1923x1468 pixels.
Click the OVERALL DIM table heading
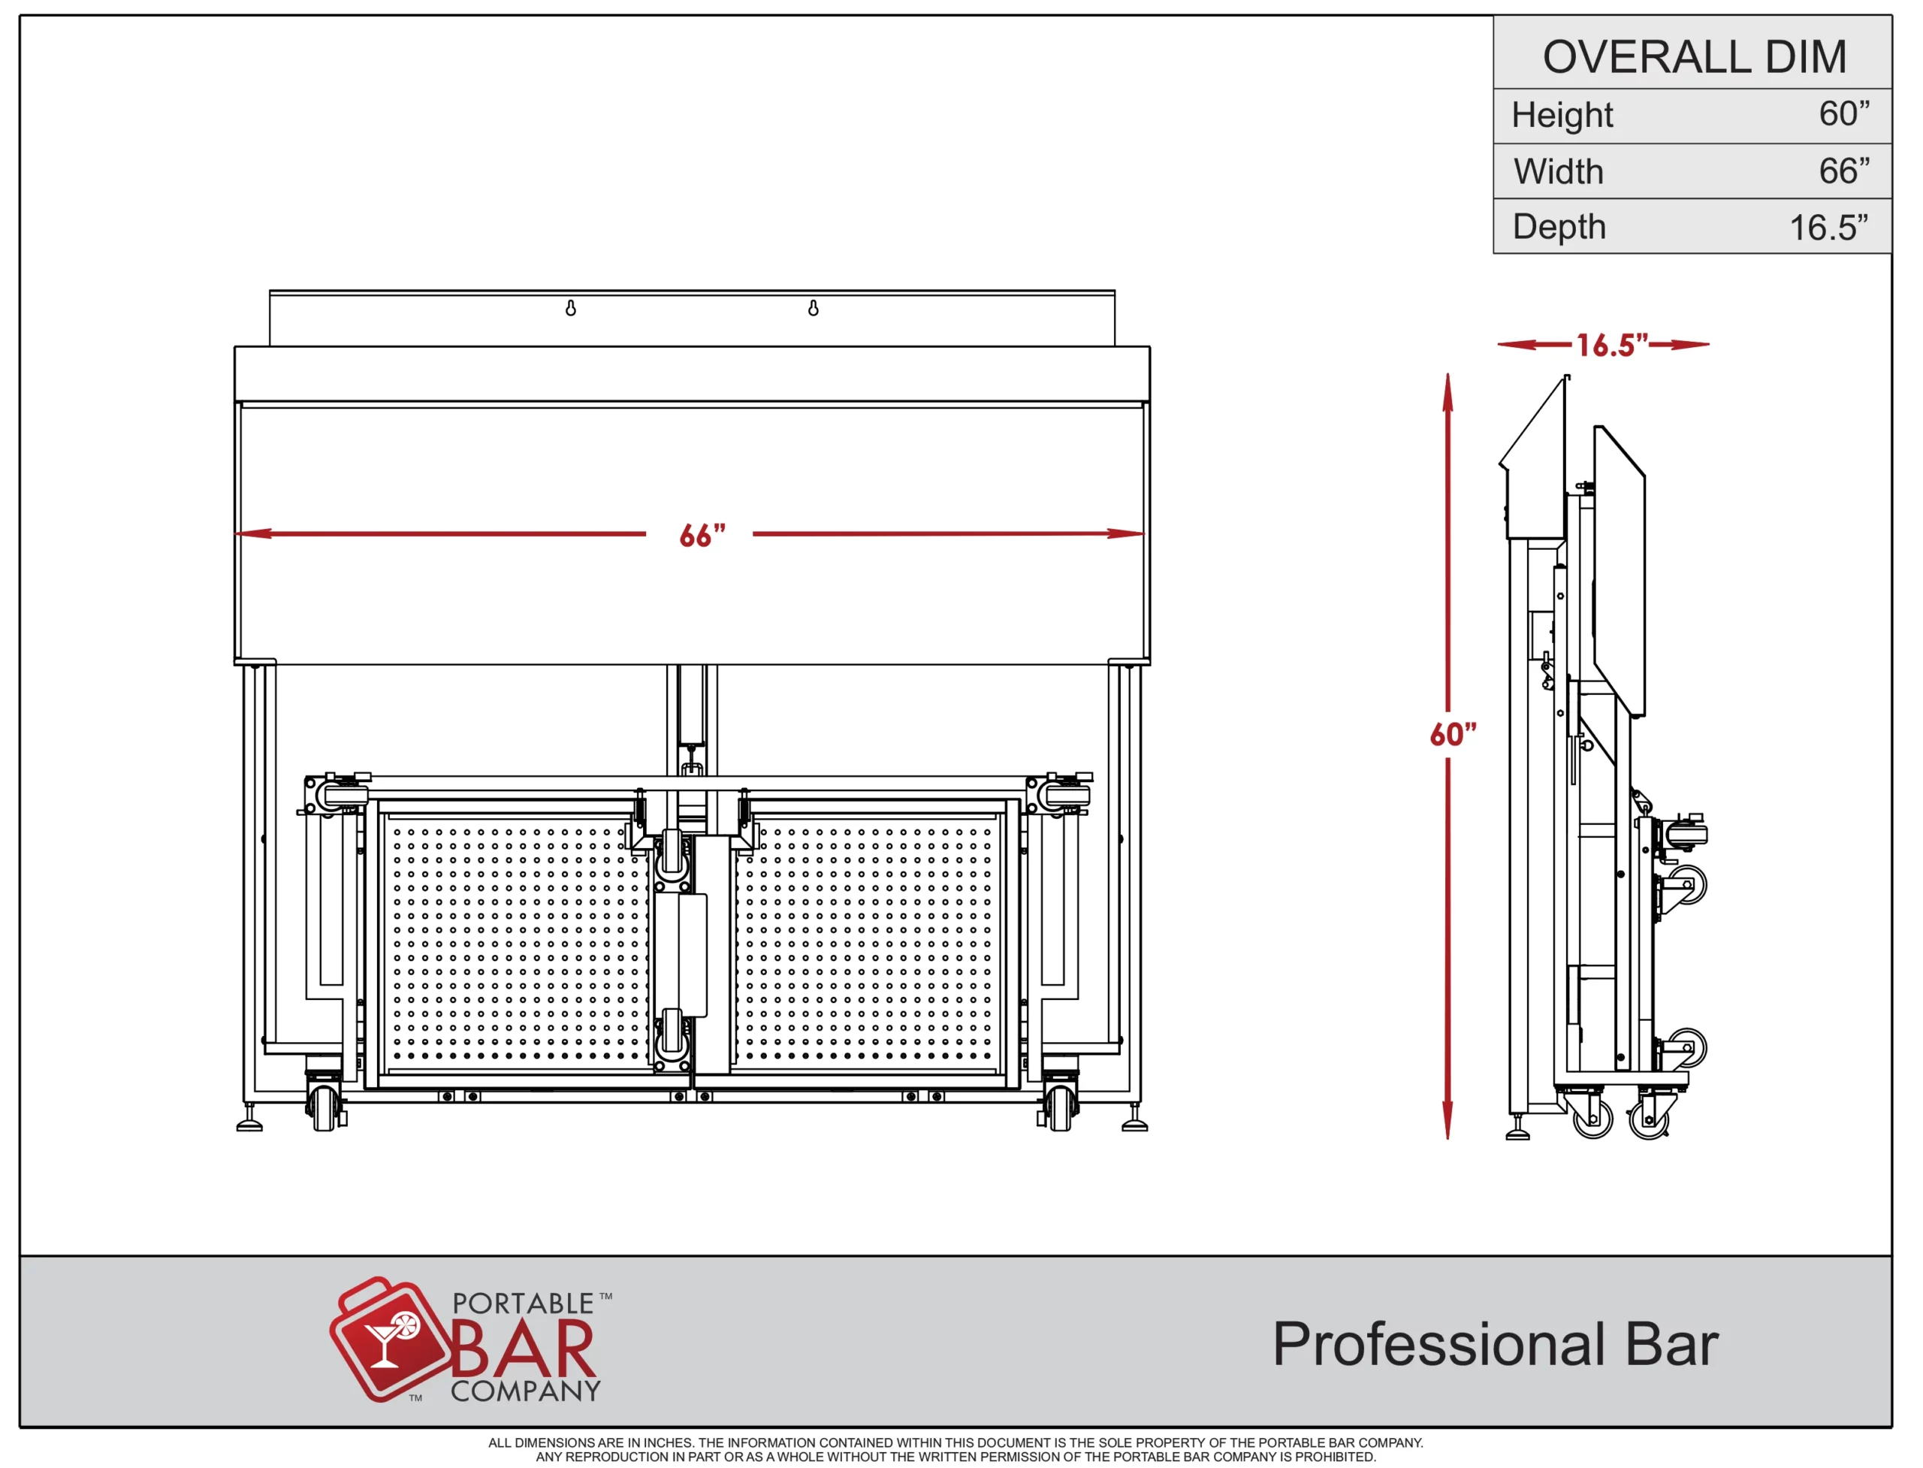click(1695, 57)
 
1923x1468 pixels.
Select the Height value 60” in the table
click(1844, 113)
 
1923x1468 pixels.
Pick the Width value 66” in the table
click(1844, 171)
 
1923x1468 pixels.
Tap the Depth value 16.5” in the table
click(1828, 227)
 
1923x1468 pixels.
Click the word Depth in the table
click(1559, 226)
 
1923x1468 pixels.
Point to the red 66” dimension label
click(702, 535)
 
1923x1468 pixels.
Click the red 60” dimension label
click(1453, 734)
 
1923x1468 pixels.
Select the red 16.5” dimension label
click(1612, 344)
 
